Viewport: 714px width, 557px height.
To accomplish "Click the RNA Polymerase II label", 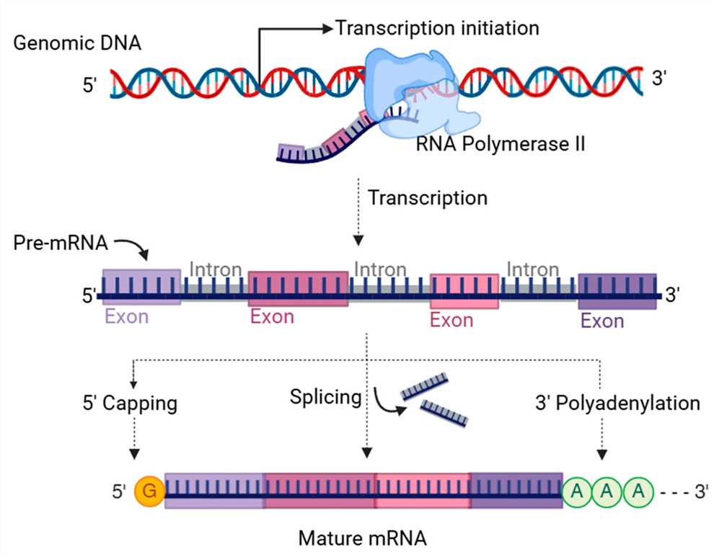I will pos(501,144).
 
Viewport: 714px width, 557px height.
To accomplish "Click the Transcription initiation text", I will pos(437,29).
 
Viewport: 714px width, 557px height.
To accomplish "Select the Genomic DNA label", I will pos(77,43).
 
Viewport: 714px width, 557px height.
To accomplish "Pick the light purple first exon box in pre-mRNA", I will pos(141,287).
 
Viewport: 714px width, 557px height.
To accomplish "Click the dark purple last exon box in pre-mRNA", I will pos(617,291).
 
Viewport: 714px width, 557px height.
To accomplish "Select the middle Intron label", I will pos(379,269).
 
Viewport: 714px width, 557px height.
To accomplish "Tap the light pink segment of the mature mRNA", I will pos(423,490).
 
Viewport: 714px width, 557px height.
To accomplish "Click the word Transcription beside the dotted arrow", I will pos(428,197).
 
